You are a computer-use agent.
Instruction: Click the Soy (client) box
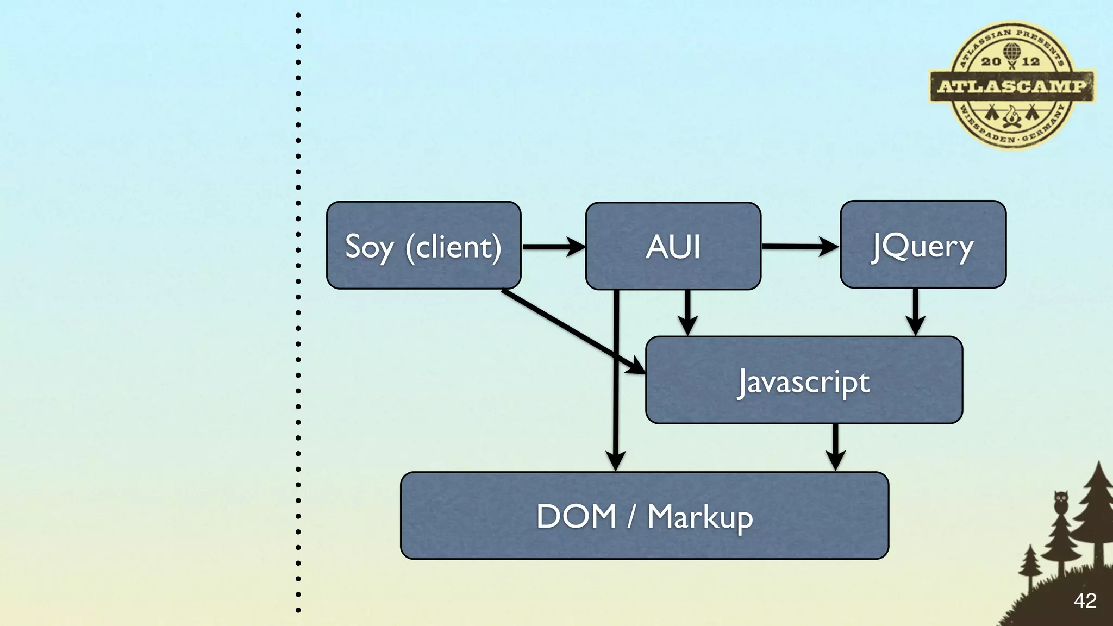click(423, 246)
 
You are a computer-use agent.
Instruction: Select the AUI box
click(673, 246)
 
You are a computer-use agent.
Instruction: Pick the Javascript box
click(804, 380)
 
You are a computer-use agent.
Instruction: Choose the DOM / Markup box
click(645, 516)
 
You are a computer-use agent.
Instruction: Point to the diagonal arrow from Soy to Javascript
click(571, 330)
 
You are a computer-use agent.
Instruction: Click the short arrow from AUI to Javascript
click(687, 312)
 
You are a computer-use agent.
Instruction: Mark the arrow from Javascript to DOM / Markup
click(835, 447)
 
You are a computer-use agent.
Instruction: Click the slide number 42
click(1085, 601)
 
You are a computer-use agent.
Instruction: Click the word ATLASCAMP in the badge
click(1011, 86)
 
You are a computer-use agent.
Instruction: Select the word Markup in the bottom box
click(700, 517)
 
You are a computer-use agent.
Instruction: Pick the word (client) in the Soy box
click(454, 247)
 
